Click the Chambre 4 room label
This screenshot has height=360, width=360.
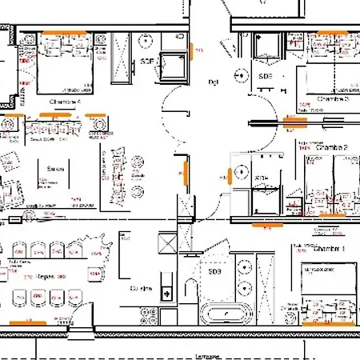point(65,102)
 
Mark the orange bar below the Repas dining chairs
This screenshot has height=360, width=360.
point(37,322)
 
